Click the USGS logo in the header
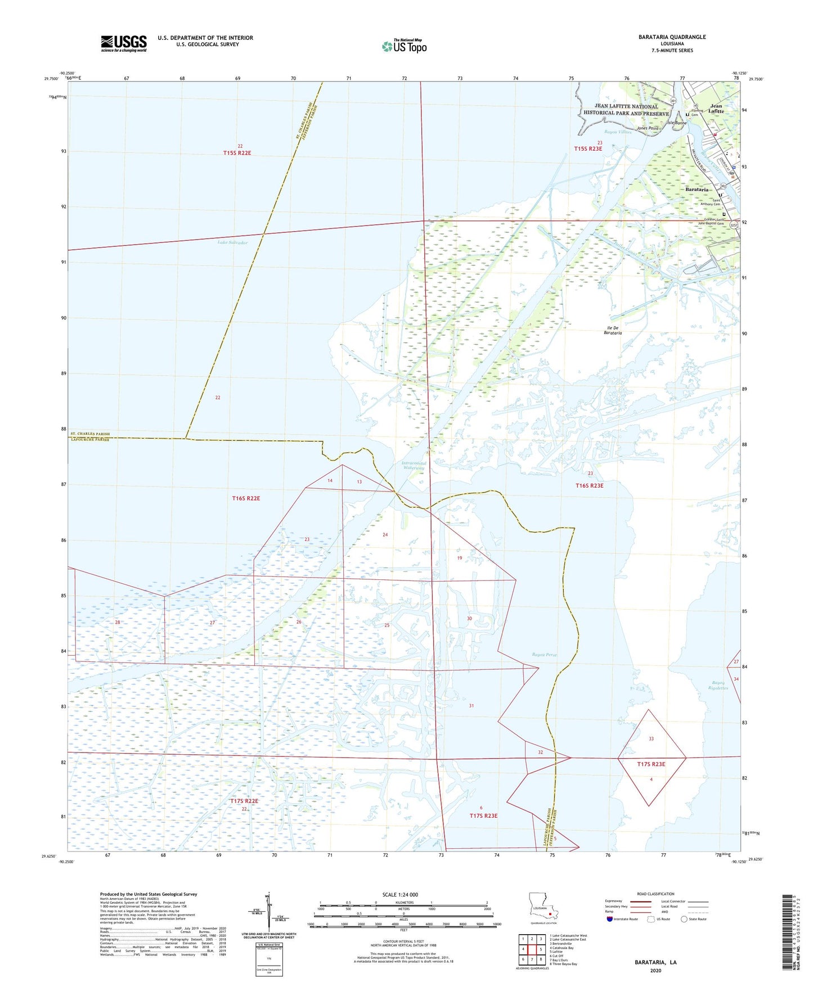pos(124,43)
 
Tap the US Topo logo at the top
pos(404,46)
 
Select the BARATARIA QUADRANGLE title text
pos(672,37)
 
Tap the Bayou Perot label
pos(544,655)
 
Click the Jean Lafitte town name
pos(716,109)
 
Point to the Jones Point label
pos(647,128)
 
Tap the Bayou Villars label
pos(618,132)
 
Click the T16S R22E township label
pos(246,498)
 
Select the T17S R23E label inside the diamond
pos(651,764)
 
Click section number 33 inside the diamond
pos(651,739)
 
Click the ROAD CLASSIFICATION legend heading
pos(655,894)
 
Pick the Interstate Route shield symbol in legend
pos(610,919)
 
